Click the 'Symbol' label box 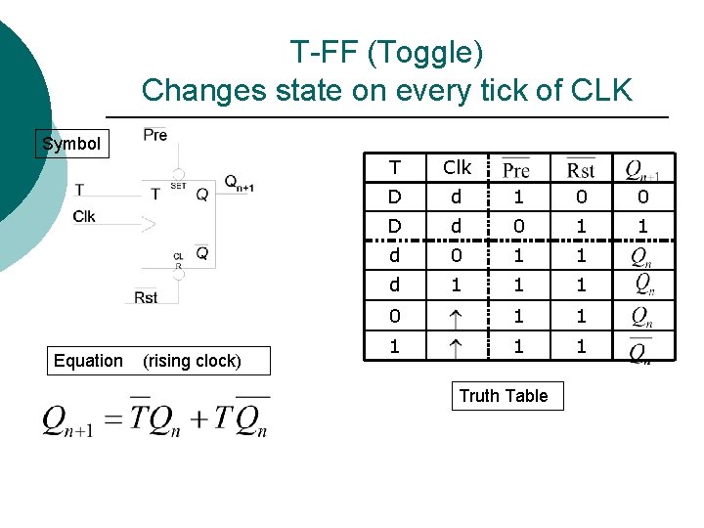point(71,144)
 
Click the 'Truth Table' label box point(504,396)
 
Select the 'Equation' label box point(88,361)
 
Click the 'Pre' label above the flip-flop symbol point(154,134)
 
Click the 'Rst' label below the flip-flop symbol point(146,297)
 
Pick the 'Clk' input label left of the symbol point(84,216)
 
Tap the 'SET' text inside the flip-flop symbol point(178,185)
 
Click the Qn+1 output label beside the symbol point(238,183)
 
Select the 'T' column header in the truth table point(394,167)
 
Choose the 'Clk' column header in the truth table point(457,167)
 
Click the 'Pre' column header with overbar point(516,169)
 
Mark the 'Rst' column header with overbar point(581,169)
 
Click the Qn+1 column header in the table point(642,170)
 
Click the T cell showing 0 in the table point(394,316)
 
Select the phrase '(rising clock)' point(192,361)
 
